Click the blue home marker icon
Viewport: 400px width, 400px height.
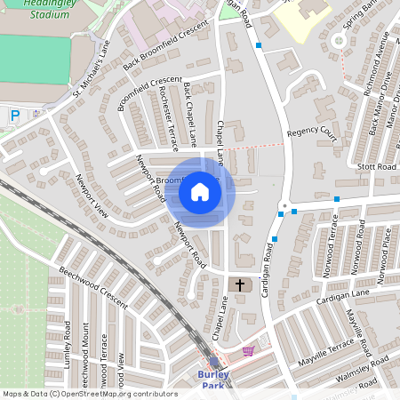tap(200, 192)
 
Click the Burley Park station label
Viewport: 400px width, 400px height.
tap(213, 380)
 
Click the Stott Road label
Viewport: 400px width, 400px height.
tap(374, 166)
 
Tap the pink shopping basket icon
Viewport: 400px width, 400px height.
tap(247, 350)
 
